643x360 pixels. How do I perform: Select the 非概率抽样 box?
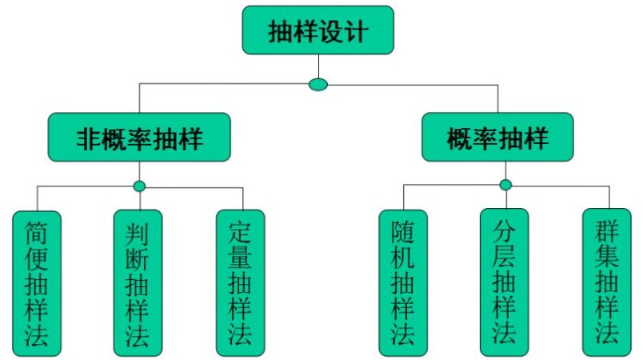[x=139, y=138]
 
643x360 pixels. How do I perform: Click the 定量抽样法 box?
[x=240, y=282]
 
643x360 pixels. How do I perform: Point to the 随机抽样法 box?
[x=403, y=282]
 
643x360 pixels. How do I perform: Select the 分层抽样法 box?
[x=505, y=282]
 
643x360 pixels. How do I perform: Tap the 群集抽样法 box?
[x=608, y=282]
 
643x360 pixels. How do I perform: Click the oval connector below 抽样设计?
[x=318, y=84]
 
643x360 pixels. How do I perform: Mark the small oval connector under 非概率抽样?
[x=139, y=186]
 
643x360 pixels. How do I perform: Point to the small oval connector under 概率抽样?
[x=505, y=186]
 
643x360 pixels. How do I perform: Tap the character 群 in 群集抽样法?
[x=608, y=231]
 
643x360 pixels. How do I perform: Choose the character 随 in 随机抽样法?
[x=403, y=231]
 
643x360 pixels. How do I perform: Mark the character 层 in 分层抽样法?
[x=505, y=257]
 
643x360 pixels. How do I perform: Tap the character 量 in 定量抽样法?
[x=240, y=257]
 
